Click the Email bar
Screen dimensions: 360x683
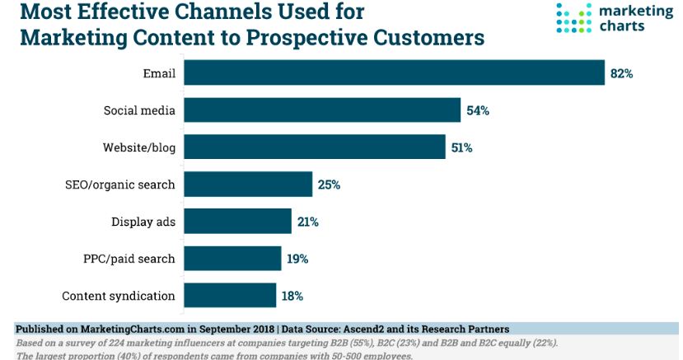click(x=394, y=72)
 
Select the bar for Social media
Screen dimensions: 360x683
click(x=321, y=110)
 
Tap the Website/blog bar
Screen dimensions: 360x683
click(x=314, y=147)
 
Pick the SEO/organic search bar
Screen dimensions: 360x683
click(x=247, y=184)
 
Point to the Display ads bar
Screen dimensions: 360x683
click(x=237, y=221)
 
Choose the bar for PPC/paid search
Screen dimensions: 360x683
click(x=232, y=258)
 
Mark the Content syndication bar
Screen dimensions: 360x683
click(x=229, y=295)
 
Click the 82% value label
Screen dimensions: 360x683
click(x=621, y=73)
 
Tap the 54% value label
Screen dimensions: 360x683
click(x=478, y=110)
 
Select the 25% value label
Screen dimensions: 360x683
click(x=329, y=185)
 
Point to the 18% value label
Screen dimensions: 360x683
click(x=292, y=296)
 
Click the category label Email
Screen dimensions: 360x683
click(x=159, y=73)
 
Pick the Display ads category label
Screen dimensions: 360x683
click(x=143, y=222)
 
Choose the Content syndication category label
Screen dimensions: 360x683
click(x=119, y=296)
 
